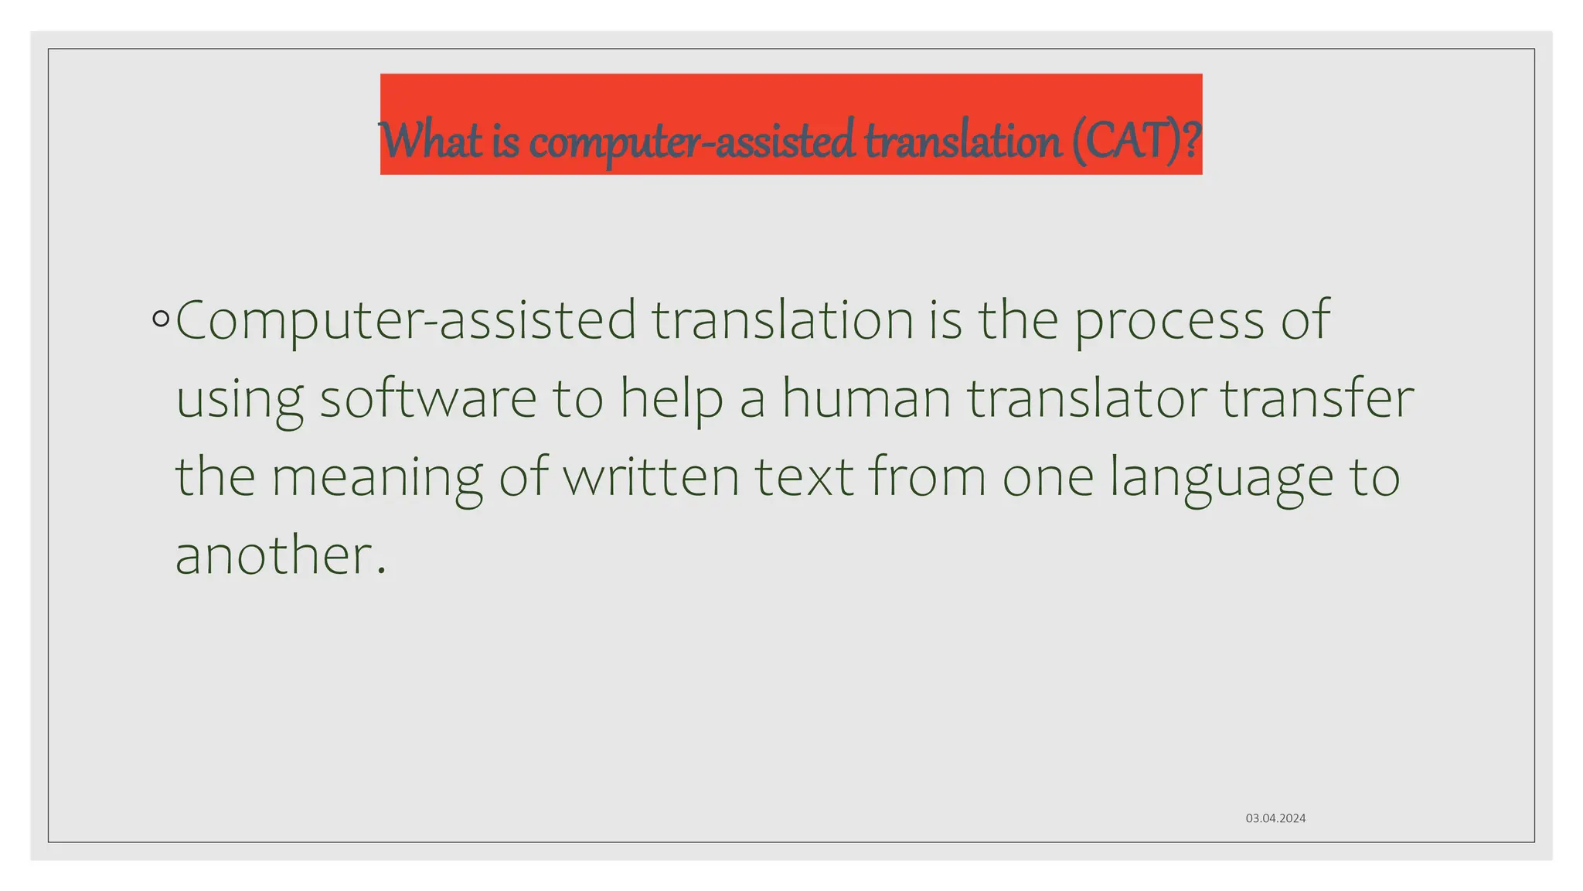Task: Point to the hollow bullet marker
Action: (161, 319)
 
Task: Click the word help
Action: (672, 400)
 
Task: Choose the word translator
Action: (1087, 398)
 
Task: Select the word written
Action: (652, 476)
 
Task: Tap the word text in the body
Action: (804, 476)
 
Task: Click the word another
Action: (274, 556)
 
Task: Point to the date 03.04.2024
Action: (1275, 818)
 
